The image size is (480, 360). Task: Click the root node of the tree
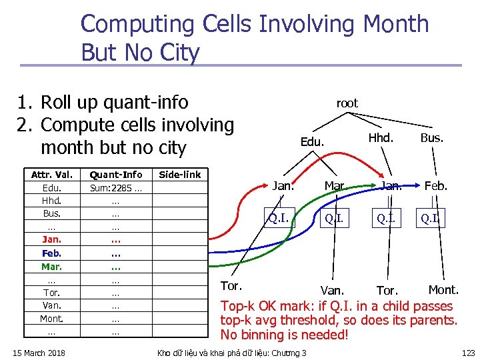pos(347,103)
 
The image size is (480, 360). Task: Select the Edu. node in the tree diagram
pos(312,142)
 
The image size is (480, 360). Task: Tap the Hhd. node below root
pos(381,139)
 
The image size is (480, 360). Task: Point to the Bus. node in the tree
pos(431,139)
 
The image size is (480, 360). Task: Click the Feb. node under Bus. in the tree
pos(435,186)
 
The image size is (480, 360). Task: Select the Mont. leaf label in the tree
pos(443,289)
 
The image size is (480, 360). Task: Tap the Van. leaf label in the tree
pos(332,291)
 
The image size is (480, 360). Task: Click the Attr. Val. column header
pos(52,175)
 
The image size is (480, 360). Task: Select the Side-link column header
pos(179,175)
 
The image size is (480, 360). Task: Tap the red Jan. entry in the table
pos(51,240)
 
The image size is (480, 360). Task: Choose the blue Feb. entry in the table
pos(51,253)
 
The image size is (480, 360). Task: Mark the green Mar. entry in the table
pos(51,267)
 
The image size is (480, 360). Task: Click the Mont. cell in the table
pos(51,319)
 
